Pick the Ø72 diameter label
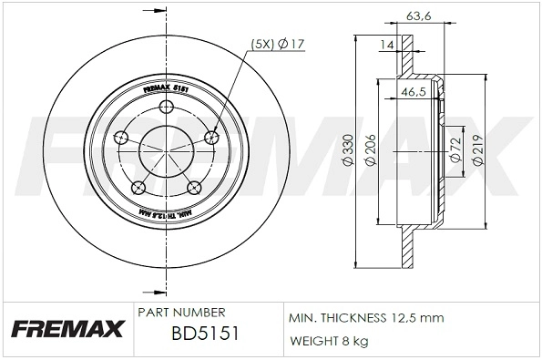pyautogui.click(x=453, y=151)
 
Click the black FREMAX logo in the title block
pyautogui.click(x=65, y=327)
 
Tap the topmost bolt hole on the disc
pyautogui.click(x=166, y=108)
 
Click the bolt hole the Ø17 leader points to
pyautogui.click(x=213, y=138)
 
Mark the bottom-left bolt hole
pyautogui.click(x=139, y=187)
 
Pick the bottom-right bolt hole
pyautogui.click(x=194, y=187)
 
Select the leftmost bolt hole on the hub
pyautogui.click(x=120, y=139)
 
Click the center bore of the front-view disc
pyautogui.click(x=167, y=150)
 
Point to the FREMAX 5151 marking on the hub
pyautogui.click(x=167, y=89)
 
